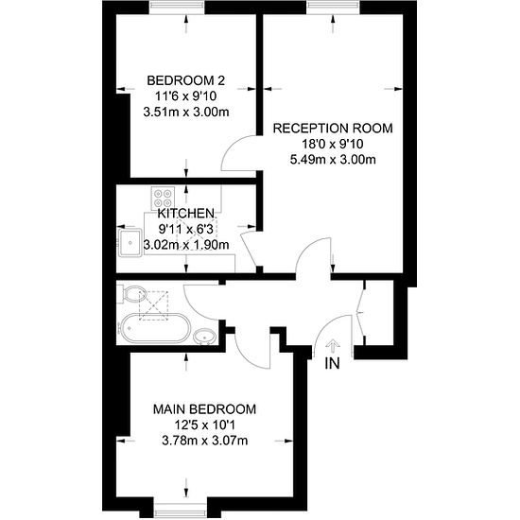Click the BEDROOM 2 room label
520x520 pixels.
click(x=185, y=79)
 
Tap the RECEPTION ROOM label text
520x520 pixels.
click(x=332, y=127)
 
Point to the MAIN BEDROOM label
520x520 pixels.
click(x=204, y=408)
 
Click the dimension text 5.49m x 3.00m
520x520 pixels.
click(x=332, y=159)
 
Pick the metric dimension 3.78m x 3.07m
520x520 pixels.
click(x=204, y=440)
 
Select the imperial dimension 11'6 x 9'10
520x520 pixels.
click(x=185, y=95)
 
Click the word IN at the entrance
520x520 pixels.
click(x=332, y=363)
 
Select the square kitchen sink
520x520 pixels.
click(x=130, y=243)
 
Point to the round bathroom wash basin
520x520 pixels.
click(x=204, y=335)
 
